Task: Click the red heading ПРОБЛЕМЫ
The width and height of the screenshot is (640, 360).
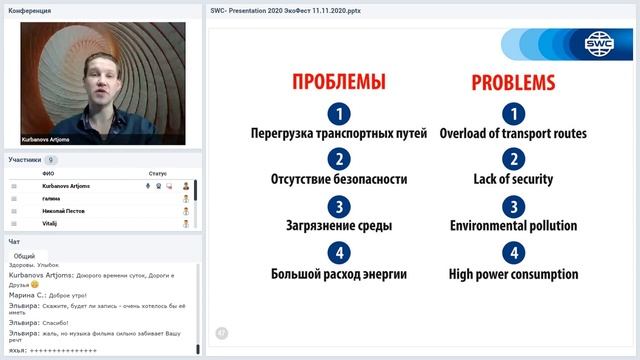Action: coord(338,82)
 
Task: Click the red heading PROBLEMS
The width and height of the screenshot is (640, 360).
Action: coord(513,82)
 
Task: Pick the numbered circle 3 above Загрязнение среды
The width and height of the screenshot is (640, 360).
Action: coord(339,207)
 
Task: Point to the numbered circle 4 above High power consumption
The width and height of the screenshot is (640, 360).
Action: coord(513,253)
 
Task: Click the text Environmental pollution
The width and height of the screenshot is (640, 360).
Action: coord(513,226)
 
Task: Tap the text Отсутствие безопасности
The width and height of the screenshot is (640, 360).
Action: coord(339,179)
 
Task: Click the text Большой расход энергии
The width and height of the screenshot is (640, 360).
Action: coord(339,273)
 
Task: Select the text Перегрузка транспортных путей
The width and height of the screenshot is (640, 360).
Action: coord(339,133)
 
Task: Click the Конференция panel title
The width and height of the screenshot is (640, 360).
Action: coord(30,11)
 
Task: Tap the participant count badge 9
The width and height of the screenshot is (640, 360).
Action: coord(51,160)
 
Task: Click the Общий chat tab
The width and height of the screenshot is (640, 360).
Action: coord(24,256)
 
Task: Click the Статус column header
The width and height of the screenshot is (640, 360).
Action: coord(157,173)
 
